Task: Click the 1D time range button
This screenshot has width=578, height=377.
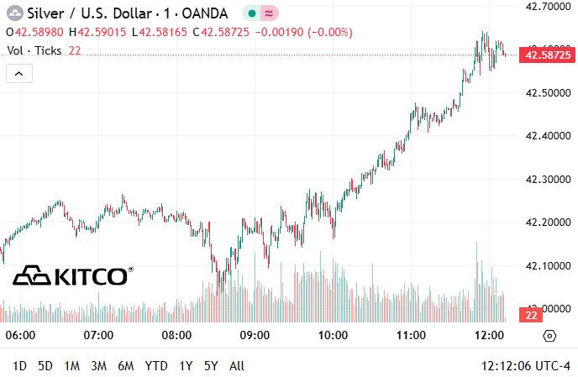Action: (x=19, y=366)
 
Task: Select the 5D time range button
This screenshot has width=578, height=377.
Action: (x=45, y=366)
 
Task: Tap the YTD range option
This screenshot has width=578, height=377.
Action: (x=155, y=366)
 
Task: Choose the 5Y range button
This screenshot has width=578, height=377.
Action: (x=211, y=366)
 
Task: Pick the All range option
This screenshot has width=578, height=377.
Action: (x=237, y=366)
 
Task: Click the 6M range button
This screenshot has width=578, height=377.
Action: (x=126, y=366)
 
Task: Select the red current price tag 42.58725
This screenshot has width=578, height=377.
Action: (x=548, y=55)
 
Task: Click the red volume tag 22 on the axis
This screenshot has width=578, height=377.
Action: (x=531, y=315)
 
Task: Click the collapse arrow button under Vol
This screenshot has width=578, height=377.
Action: (x=19, y=74)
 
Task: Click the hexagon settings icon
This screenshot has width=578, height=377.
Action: (x=549, y=336)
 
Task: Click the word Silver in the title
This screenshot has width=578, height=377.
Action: (x=45, y=13)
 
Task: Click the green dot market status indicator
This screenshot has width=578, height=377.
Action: (x=252, y=13)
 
